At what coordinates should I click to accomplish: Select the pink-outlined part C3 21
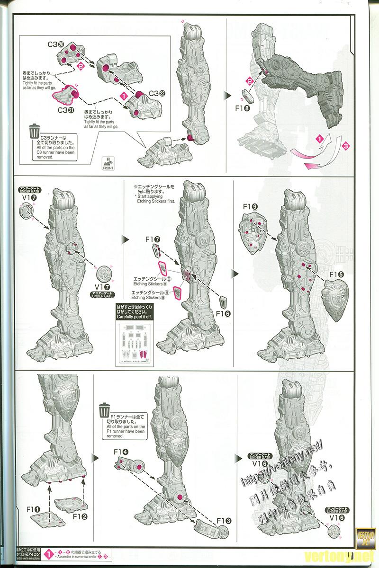67,94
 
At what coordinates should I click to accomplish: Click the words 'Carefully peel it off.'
135,316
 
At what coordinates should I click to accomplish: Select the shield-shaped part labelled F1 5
338,299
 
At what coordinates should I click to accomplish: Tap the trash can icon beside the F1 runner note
105,409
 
